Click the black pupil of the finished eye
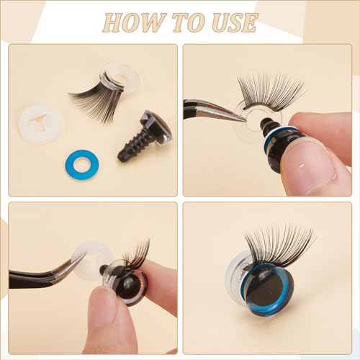click(x=264, y=289)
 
